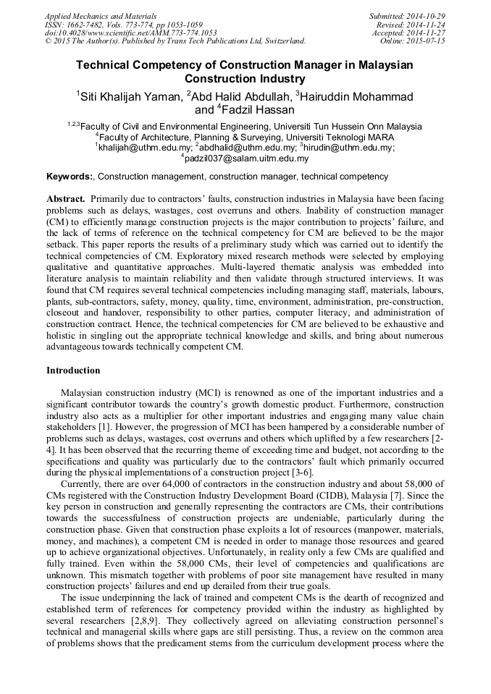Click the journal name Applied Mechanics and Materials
101,15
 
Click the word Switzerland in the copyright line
275,41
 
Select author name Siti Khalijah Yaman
130,96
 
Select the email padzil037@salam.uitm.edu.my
246,158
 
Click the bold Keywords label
70,177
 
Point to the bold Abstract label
67,198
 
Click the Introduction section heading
73,371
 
